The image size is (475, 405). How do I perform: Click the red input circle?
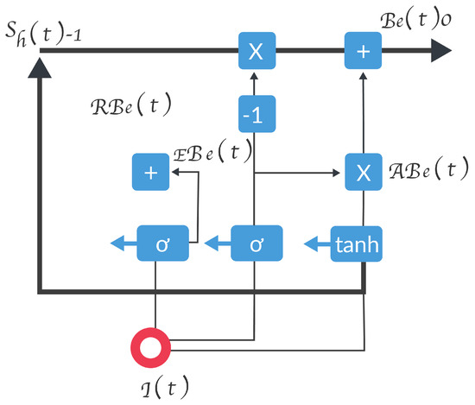155,348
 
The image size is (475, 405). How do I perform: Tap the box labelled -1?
256,114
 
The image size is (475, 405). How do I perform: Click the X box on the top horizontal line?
256,52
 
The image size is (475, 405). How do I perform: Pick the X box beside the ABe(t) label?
363,172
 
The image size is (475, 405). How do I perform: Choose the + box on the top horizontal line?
363,52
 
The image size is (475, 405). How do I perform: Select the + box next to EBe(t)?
151,172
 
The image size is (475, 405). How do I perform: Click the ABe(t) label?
423,168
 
